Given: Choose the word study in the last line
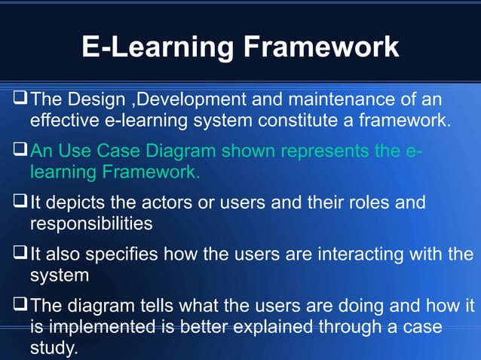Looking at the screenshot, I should click(x=52, y=349).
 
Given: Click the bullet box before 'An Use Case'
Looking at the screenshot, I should click(x=20, y=151).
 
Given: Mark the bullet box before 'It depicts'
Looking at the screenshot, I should click(x=20, y=203).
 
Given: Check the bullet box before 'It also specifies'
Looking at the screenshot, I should click(x=20, y=255).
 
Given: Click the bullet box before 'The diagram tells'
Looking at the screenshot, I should click(x=20, y=306).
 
